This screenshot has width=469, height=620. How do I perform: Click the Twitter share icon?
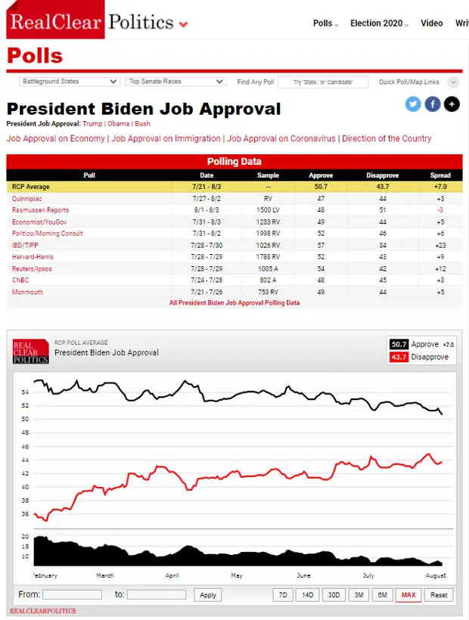click(x=413, y=104)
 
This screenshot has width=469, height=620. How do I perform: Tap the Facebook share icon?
click(x=433, y=104)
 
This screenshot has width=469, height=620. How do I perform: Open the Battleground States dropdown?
click(x=70, y=82)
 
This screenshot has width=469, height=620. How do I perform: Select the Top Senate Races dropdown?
click(x=176, y=82)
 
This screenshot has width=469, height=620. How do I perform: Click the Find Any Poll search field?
click(x=323, y=82)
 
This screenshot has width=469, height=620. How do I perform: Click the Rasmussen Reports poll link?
click(x=40, y=210)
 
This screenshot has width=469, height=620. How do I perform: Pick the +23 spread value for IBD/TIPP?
click(x=440, y=245)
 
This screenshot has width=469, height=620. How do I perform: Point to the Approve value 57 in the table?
click(x=321, y=245)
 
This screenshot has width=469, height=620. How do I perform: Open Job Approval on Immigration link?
click(x=166, y=139)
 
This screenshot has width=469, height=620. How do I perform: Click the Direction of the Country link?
click(x=387, y=139)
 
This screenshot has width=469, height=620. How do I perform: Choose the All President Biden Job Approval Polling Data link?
click(x=234, y=302)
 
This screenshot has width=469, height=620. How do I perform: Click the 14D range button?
click(x=307, y=595)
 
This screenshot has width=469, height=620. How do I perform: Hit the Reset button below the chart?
click(x=439, y=595)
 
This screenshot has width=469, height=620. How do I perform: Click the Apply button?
click(x=208, y=595)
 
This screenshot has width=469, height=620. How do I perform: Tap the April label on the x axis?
click(x=172, y=575)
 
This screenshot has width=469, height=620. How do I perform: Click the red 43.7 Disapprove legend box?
click(x=399, y=357)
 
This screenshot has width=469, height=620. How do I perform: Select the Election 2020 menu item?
click(x=377, y=23)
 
